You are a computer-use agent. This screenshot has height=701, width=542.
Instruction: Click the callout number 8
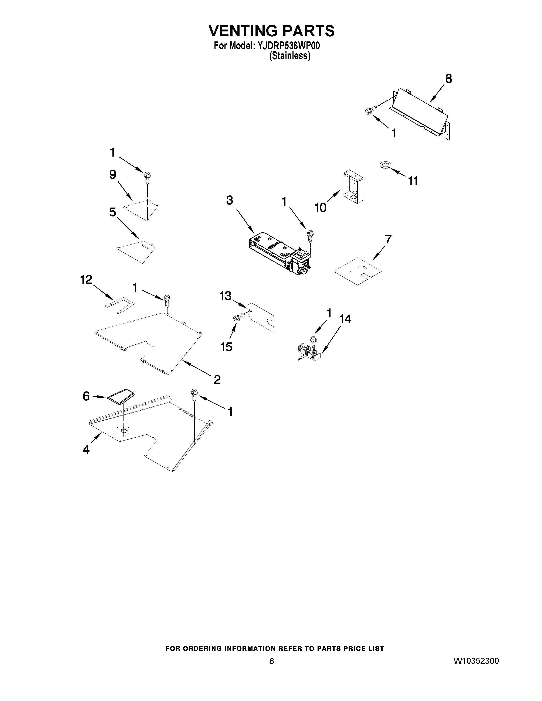click(x=448, y=78)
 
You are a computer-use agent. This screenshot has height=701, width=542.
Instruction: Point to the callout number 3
click(x=229, y=200)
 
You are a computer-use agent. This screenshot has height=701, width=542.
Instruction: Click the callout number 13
click(x=225, y=296)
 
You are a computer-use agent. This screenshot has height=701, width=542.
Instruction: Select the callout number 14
click(x=345, y=319)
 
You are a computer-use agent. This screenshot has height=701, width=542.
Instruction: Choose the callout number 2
click(x=217, y=380)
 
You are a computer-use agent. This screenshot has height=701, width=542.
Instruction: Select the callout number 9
click(x=112, y=175)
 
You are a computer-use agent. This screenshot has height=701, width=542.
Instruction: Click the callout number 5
click(x=112, y=212)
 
